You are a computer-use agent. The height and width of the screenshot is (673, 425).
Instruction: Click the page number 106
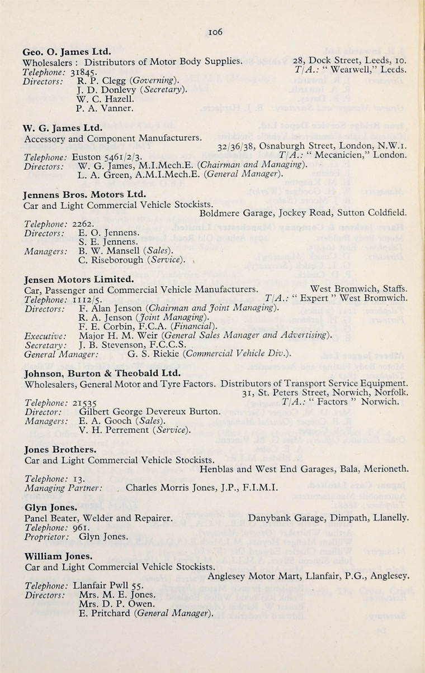tap(215, 32)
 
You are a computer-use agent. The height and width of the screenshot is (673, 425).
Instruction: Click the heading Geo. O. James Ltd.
tap(63, 52)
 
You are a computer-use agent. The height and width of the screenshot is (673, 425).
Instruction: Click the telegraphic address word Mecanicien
tap(343, 155)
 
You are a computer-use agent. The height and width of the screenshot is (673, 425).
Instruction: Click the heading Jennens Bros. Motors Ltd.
tap(84, 195)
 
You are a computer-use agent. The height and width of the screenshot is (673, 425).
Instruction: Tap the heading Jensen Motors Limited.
tap(79, 279)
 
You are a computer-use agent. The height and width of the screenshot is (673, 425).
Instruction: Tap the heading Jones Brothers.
tap(60, 449)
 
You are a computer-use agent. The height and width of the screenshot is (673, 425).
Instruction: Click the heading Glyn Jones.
tap(51, 508)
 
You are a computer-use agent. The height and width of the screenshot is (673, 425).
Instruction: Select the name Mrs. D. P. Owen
tap(116, 604)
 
